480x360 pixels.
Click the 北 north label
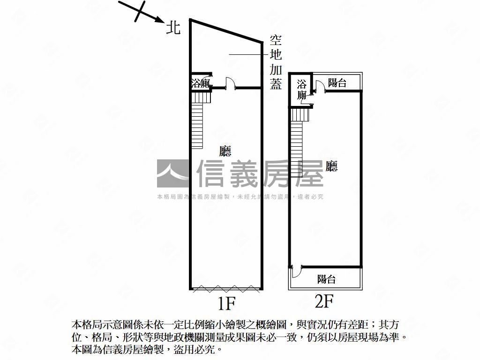(x=173, y=28)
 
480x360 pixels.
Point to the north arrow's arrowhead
(x=159, y=20)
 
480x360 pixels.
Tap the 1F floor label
(x=226, y=303)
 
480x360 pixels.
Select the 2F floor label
(x=324, y=301)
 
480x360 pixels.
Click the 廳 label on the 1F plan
(x=225, y=151)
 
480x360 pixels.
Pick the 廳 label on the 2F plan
(x=331, y=166)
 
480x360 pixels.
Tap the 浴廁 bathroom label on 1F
(x=201, y=83)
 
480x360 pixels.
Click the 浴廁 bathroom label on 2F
(x=301, y=90)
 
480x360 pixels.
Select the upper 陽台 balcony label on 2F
(x=337, y=82)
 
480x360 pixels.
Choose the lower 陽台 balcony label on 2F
(x=326, y=279)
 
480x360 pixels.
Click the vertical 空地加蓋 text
(x=276, y=62)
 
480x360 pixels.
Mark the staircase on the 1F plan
(x=198, y=120)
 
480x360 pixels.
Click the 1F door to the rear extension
(x=230, y=83)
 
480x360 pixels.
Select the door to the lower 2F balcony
(x=297, y=271)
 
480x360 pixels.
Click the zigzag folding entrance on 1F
(x=226, y=289)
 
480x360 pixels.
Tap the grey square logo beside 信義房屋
(x=172, y=173)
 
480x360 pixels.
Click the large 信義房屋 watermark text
(x=260, y=173)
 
